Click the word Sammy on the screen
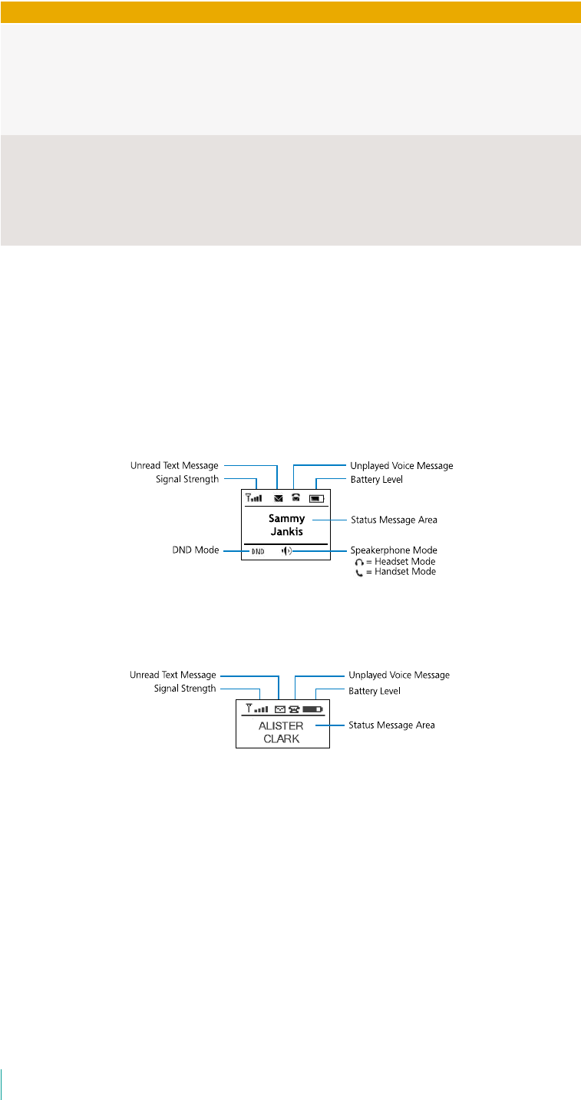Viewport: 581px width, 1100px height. tap(286, 519)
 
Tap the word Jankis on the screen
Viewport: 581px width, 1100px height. tap(286, 531)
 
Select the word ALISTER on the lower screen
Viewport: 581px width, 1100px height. tap(282, 725)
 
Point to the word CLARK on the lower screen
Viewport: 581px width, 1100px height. tap(282, 738)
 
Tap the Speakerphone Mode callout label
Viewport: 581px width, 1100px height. tap(394, 550)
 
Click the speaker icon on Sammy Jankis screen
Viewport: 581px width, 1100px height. tap(286, 550)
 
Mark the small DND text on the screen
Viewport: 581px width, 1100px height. tap(257, 551)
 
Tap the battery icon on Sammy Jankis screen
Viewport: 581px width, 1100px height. tap(316, 498)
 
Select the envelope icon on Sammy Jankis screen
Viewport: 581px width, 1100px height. tap(278, 498)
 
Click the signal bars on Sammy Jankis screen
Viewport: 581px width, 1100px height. tap(254, 497)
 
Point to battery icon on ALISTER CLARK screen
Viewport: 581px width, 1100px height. tap(312, 709)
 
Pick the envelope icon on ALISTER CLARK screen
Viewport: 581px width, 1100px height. tap(279, 709)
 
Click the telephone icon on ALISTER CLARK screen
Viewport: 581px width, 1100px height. tap(294, 709)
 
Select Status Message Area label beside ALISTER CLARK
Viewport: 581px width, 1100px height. tap(391, 725)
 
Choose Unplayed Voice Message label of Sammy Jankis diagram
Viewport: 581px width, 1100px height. tap(401, 465)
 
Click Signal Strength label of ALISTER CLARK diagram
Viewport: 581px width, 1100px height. tap(184, 689)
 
